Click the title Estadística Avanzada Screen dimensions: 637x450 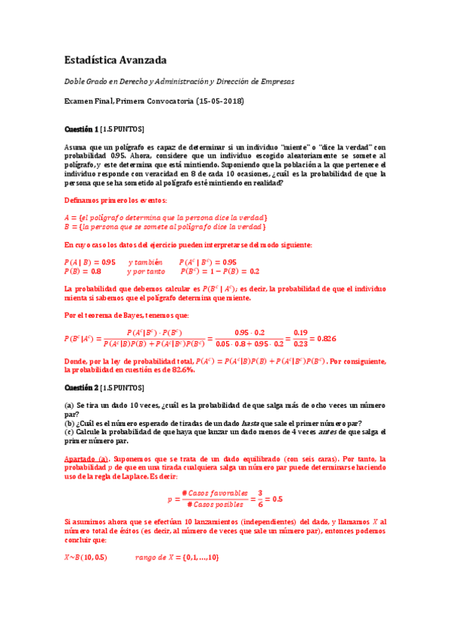pyautogui.click(x=115, y=59)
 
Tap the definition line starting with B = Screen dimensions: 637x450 pyautogui.click(x=165, y=227)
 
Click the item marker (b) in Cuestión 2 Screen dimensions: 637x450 pyautogui.click(x=68, y=423)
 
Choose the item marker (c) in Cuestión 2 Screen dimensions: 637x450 pyautogui.click(x=68, y=432)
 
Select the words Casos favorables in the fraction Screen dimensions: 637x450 pyautogui.click(x=221, y=493)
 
